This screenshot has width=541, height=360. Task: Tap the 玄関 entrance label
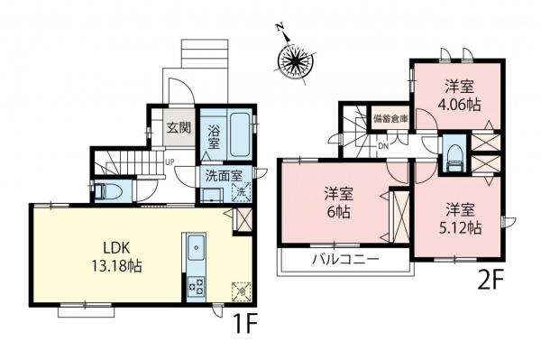178,127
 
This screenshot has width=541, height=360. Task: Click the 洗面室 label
221,176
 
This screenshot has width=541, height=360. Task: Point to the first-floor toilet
111,190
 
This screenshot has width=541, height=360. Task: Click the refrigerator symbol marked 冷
242,291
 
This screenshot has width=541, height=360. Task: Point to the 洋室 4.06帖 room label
460,97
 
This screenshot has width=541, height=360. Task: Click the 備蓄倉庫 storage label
390,118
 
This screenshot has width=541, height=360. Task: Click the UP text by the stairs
169,162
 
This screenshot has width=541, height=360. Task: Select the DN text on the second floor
382,146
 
